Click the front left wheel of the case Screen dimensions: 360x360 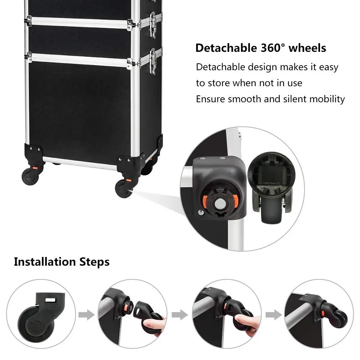(30, 176)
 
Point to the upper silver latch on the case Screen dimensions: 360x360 (153, 24)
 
